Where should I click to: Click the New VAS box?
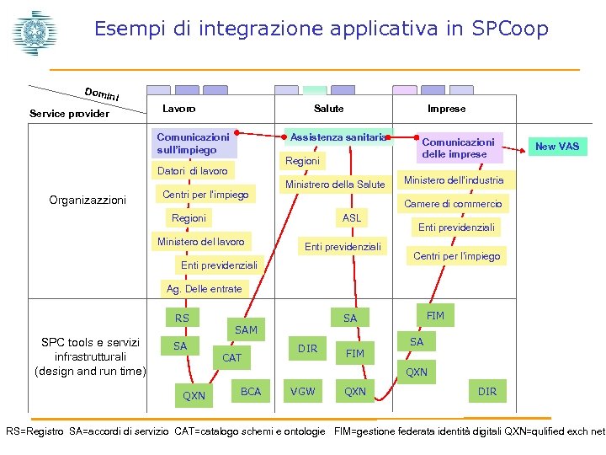tap(557, 147)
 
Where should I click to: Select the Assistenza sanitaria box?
tap(338, 136)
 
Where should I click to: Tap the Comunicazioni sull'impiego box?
tap(193, 143)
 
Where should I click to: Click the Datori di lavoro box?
tap(193, 171)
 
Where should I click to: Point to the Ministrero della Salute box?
tap(335, 185)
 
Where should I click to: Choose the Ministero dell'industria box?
tap(454, 180)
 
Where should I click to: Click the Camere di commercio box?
tap(453, 204)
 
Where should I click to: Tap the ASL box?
tap(352, 218)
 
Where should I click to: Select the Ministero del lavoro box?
tap(200, 242)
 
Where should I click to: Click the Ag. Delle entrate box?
tap(204, 289)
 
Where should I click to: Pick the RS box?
tap(182, 318)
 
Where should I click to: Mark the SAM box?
tap(246, 329)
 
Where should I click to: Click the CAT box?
tap(231, 358)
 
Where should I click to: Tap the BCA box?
tap(251, 391)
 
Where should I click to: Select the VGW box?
tap(303, 391)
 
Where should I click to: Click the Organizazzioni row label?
tap(88, 201)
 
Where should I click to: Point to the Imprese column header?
tap(446, 109)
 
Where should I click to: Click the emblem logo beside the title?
tap(31, 33)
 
